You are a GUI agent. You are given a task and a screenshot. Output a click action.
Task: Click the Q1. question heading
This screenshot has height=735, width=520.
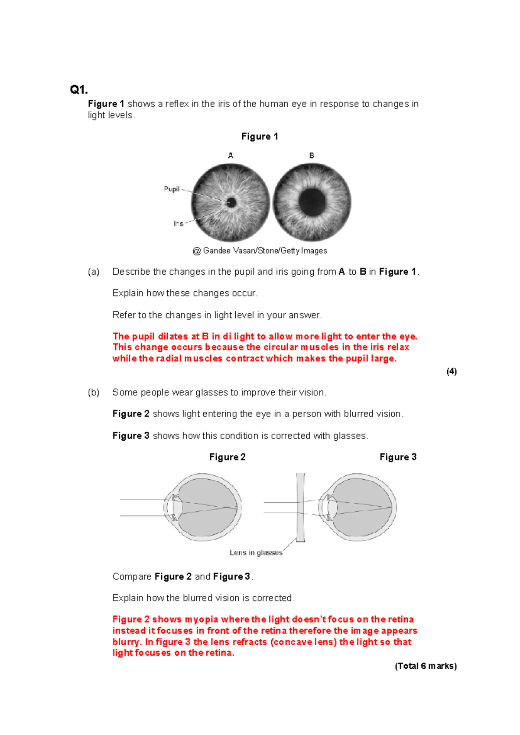(79, 90)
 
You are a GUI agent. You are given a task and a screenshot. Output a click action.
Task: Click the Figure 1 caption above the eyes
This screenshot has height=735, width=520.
(260, 137)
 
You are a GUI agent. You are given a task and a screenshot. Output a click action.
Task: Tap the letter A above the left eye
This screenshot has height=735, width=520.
(231, 155)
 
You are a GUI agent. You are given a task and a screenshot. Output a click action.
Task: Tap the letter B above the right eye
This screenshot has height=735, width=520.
(312, 155)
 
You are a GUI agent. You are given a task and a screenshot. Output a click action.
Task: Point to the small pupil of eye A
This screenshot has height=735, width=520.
(231, 202)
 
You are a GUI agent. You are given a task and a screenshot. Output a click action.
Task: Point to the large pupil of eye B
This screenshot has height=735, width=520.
(312, 202)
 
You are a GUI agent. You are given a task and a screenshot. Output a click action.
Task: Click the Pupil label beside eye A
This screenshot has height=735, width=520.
(172, 189)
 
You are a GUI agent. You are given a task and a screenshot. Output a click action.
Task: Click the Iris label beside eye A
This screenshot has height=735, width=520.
(178, 224)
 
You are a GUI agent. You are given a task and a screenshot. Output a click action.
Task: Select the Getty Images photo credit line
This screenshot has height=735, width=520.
(260, 250)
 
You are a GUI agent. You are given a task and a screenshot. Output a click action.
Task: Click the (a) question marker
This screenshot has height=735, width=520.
(94, 272)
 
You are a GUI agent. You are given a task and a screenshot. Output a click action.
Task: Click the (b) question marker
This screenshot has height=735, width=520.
(94, 392)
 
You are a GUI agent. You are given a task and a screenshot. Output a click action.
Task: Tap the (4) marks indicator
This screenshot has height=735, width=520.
(451, 371)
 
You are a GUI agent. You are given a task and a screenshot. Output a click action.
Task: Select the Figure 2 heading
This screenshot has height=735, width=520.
(227, 457)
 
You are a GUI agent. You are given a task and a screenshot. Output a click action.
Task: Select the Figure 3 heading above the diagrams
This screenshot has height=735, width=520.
(398, 457)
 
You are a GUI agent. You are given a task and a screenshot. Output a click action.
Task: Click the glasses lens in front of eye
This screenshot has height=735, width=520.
(300, 507)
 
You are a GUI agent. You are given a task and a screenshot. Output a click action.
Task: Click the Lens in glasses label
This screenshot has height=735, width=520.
(256, 553)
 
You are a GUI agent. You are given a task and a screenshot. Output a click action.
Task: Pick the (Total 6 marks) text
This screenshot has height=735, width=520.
(426, 666)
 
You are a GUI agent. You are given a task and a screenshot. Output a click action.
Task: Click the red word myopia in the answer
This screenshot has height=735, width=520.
(201, 619)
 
